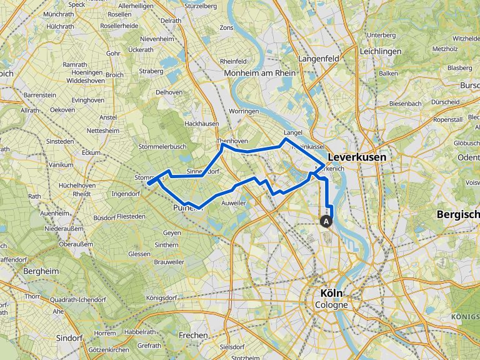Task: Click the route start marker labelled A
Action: [x=325, y=221]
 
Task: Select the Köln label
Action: [x=331, y=293]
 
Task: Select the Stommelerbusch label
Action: [x=163, y=147]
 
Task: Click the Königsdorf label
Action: [x=162, y=297]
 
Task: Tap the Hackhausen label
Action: [x=201, y=124]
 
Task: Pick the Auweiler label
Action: [x=233, y=204]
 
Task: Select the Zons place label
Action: [x=226, y=28]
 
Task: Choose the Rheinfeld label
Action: [x=232, y=61]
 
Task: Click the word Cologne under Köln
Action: [x=331, y=305]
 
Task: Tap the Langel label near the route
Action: [x=292, y=133]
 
